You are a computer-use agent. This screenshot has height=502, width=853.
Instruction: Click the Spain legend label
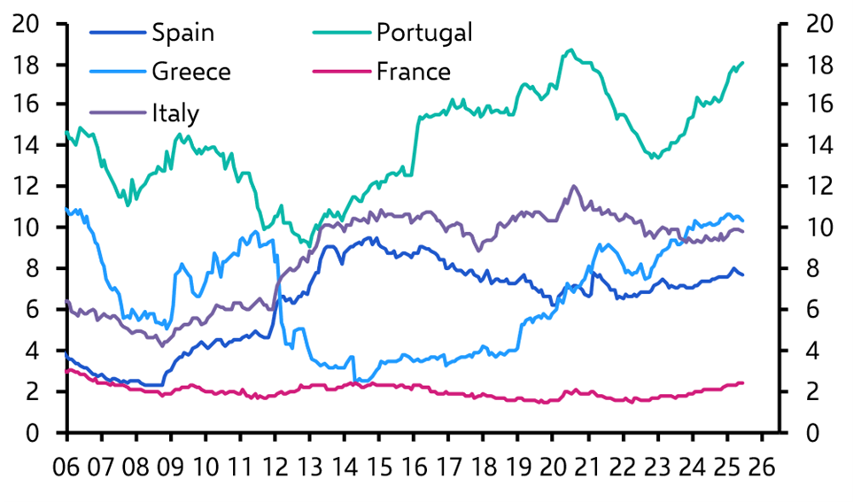pos(182,33)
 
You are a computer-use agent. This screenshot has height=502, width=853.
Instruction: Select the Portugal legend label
pos(423,33)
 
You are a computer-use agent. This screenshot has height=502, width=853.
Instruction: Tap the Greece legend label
pos(190,71)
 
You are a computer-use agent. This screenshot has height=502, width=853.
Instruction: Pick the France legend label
pos(413,71)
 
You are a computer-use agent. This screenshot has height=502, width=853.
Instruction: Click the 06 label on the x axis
pos(67,467)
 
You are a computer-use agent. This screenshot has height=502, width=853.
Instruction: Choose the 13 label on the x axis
pos(310,467)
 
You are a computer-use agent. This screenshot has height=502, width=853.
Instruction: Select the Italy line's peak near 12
pos(574,186)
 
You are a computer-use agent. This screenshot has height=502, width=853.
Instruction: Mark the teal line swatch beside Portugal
pos(341,34)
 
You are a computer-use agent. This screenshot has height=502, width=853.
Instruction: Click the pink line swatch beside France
pos(341,72)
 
